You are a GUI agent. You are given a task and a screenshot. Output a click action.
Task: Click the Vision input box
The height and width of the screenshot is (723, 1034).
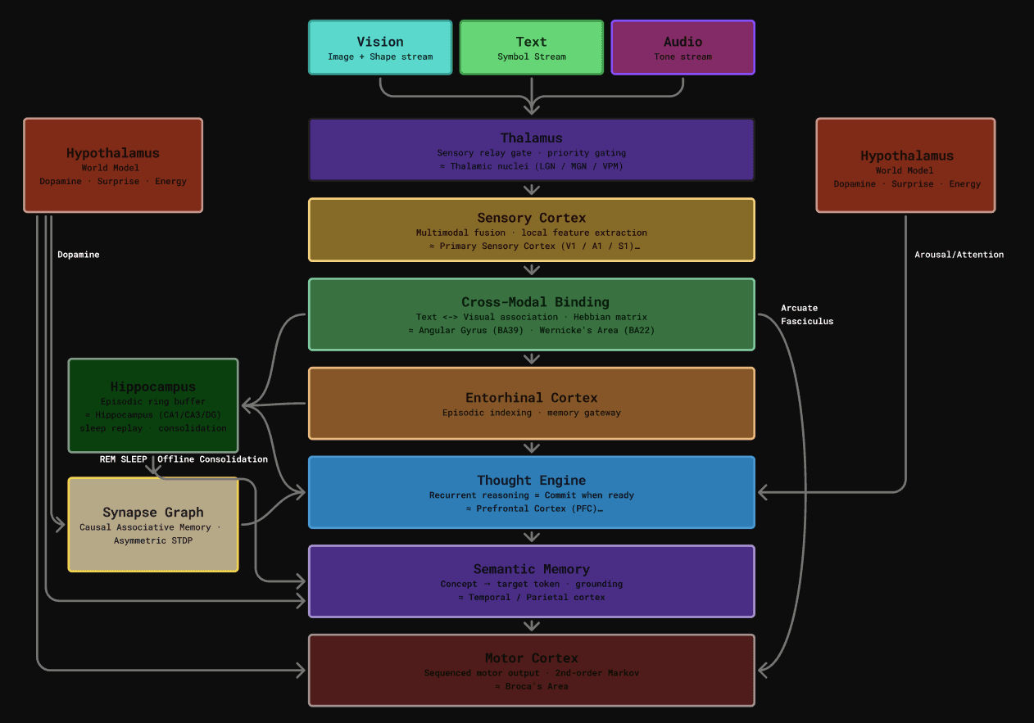click(x=380, y=47)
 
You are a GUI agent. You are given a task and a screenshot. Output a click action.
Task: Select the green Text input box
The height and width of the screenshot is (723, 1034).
click(x=531, y=47)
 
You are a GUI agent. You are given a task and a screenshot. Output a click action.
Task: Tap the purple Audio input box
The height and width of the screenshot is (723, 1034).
click(x=683, y=47)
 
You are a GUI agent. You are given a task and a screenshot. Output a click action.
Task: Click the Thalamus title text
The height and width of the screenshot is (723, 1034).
click(x=532, y=138)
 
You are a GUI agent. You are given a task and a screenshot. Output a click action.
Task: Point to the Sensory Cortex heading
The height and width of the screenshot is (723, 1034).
click(x=532, y=218)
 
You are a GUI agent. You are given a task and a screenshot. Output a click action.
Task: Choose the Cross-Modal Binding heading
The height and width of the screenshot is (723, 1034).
click(x=532, y=302)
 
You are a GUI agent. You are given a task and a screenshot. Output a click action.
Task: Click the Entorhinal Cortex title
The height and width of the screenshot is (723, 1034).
click(x=532, y=398)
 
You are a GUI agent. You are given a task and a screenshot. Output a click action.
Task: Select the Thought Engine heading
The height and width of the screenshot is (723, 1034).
click(x=532, y=481)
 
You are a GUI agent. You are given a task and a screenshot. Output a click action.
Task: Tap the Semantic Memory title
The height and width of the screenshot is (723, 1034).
click(x=532, y=569)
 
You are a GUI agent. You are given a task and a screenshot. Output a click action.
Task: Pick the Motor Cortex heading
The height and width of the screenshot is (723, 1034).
click(x=532, y=658)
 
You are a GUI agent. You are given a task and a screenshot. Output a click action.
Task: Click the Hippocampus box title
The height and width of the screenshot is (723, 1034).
click(x=153, y=386)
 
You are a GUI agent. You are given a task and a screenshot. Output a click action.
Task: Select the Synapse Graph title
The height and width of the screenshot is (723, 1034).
click(x=153, y=513)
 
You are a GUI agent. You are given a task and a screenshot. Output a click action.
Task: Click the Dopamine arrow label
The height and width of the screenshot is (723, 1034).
click(x=79, y=255)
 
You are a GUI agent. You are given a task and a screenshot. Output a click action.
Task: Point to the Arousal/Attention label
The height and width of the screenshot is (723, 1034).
click(x=959, y=255)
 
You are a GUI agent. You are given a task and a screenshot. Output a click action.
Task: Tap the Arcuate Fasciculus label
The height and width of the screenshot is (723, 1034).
click(x=807, y=314)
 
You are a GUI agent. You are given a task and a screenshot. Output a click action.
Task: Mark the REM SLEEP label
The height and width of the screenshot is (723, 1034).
click(x=124, y=459)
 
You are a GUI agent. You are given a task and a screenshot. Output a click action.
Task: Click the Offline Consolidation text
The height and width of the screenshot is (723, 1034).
click(x=212, y=459)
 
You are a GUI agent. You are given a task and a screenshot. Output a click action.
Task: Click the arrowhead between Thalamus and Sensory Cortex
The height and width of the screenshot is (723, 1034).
click(x=532, y=190)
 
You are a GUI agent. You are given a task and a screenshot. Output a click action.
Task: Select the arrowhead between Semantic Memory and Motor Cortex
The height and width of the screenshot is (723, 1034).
click(x=532, y=626)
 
